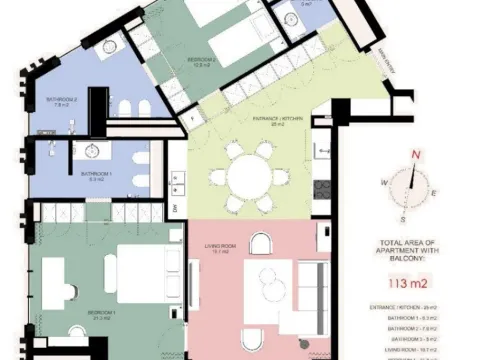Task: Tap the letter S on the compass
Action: (x=401, y=217)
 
